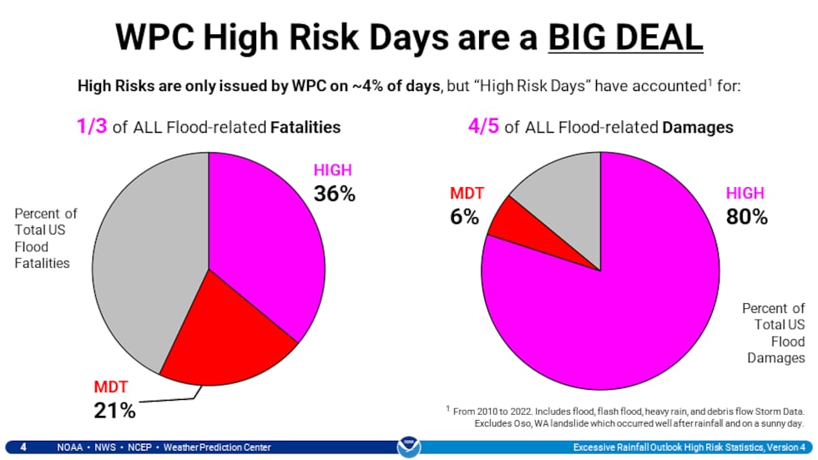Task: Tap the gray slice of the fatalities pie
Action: (146, 250)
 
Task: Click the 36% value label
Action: (334, 194)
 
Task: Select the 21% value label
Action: (114, 410)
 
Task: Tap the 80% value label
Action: (746, 217)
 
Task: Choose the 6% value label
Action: (465, 217)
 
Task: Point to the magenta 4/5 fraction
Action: (483, 127)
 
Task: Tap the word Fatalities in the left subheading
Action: (306, 128)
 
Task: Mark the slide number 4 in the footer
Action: (23, 447)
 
